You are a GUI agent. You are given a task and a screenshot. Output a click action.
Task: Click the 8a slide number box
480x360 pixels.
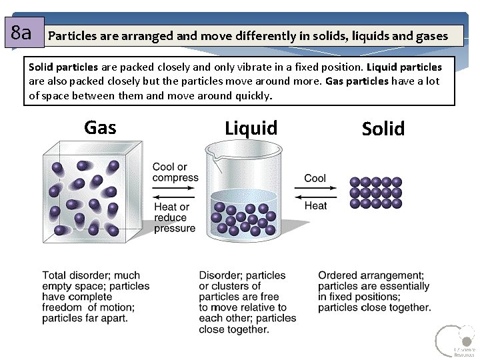click(x=23, y=33)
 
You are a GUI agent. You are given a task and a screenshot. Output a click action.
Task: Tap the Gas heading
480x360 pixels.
click(x=100, y=127)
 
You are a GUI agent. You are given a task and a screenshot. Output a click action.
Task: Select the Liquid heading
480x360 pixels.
click(x=251, y=128)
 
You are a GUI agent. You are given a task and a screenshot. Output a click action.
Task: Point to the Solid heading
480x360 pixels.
click(x=383, y=129)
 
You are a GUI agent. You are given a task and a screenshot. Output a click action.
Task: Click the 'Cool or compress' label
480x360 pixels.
click(x=175, y=172)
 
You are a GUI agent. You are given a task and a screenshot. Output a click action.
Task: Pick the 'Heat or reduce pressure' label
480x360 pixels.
click(x=175, y=217)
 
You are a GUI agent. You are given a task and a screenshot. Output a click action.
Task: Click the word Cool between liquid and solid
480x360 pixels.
click(x=315, y=178)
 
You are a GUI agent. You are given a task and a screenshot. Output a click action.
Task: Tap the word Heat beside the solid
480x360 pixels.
click(x=315, y=205)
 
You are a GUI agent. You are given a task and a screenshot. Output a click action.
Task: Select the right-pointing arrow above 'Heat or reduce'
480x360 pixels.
click(x=174, y=197)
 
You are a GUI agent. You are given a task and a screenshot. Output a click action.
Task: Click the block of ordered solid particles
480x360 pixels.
click(x=376, y=193)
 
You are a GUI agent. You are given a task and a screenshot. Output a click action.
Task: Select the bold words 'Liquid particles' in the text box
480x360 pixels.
click(x=404, y=67)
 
